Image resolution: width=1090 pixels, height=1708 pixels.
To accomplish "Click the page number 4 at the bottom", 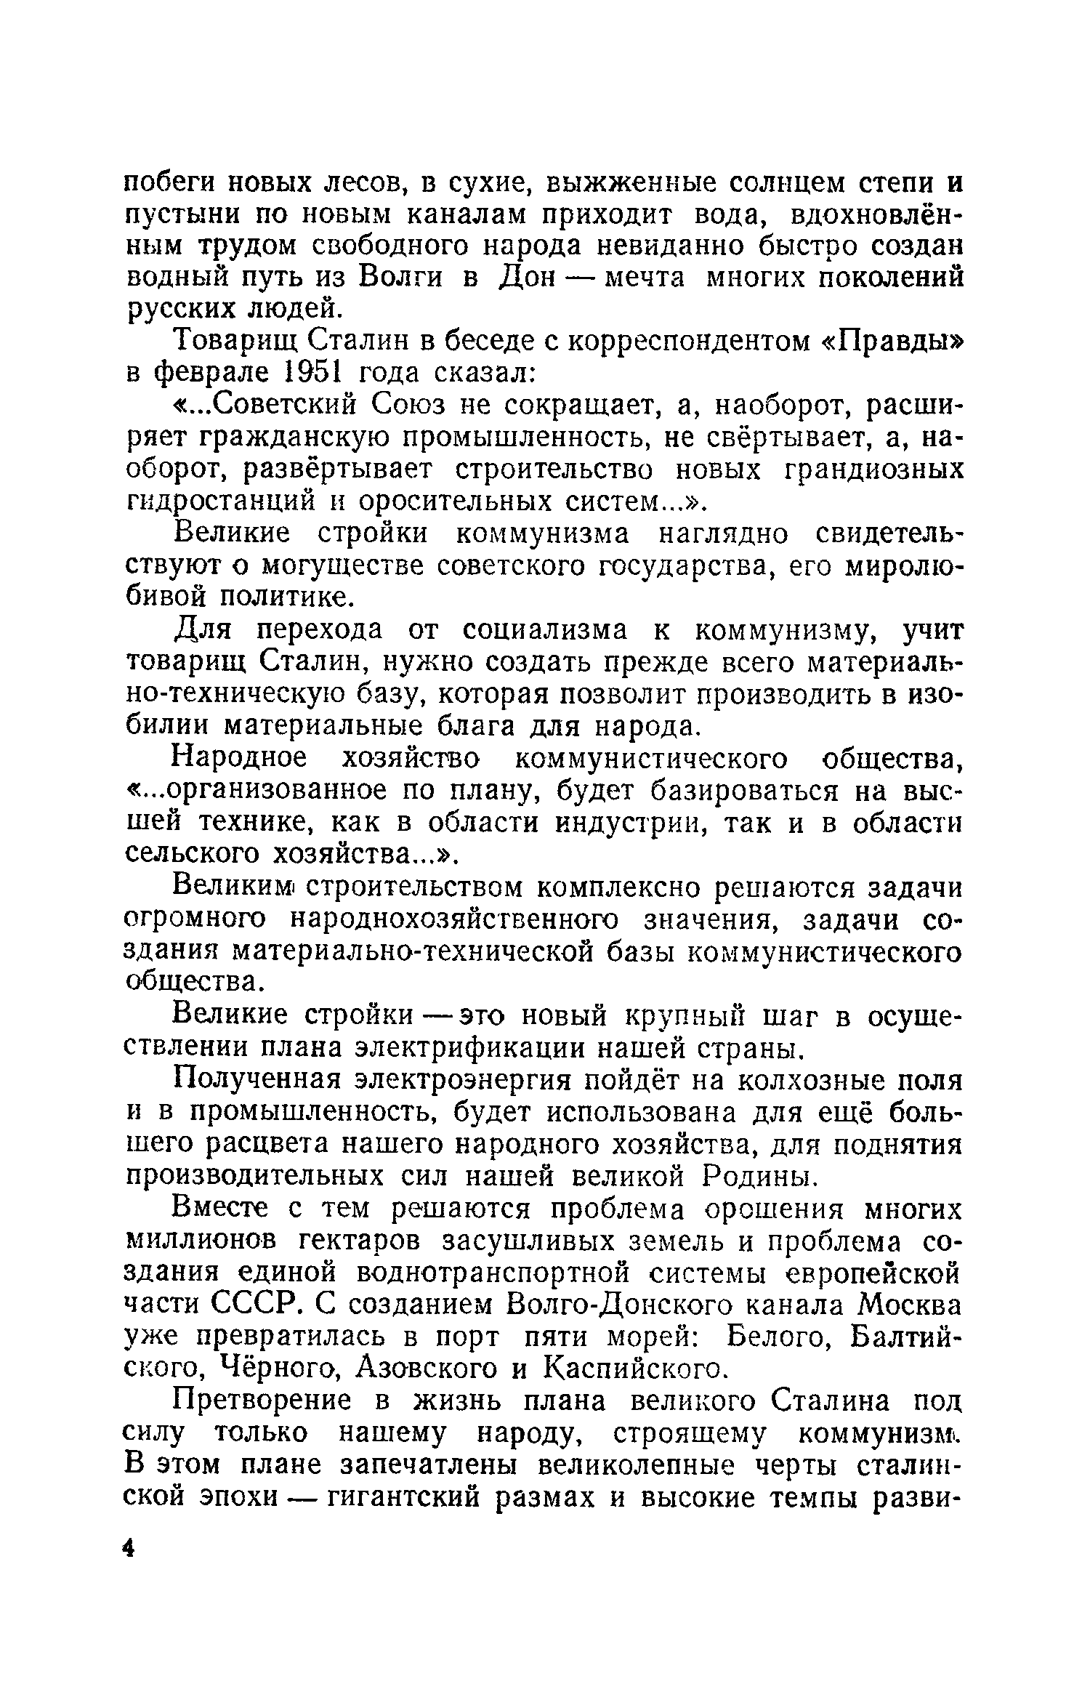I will click(x=129, y=1548).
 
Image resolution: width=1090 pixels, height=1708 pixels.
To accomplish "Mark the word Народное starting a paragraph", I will click(x=240, y=758).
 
